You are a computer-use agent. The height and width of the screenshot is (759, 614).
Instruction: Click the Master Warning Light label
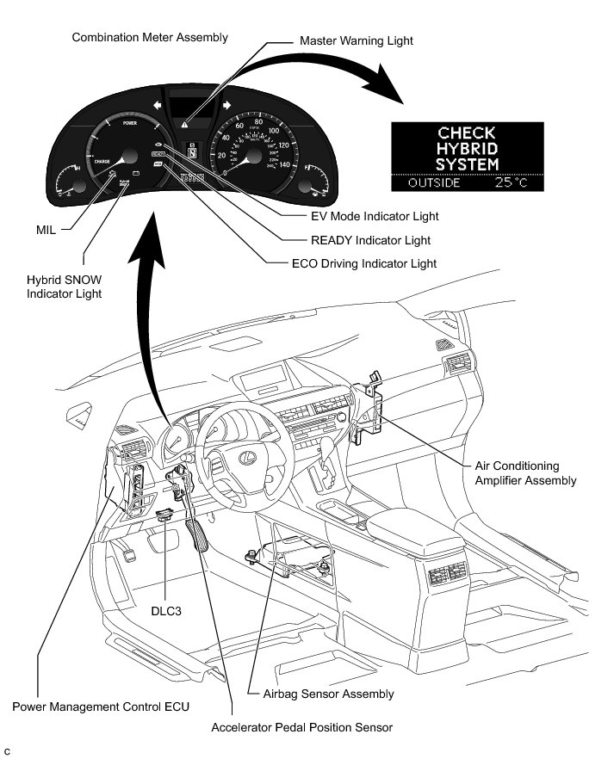tap(356, 40)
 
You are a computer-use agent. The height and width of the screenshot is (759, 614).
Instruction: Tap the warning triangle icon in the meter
tap(185, 124)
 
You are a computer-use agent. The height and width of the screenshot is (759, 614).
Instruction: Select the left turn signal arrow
tap(158, 105)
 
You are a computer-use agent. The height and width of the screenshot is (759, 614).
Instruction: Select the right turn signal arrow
tap(226, 105)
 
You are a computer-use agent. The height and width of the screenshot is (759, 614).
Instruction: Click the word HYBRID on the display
tap(467, 148)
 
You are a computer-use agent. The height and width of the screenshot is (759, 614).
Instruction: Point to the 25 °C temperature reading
tap(515, 182)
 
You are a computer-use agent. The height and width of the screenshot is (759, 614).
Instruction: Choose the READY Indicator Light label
tap(369, 240)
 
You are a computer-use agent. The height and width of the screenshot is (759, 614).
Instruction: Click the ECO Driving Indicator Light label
tap(364, 263)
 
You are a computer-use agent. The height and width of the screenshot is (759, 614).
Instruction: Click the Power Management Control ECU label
tap(101, 707)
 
